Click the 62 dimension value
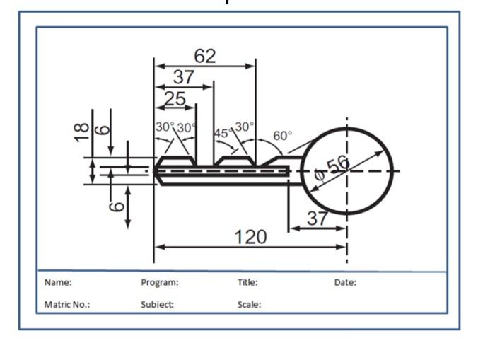tap(205, 57)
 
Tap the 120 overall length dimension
tap(250, 237)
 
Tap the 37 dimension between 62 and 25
tap(184, 78)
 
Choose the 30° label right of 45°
tap(244, 127)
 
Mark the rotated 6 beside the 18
tap(103, 129)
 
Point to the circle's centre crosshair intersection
tap(346, 171)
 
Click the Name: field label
tap(58, 282)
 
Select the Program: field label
tap(160, 282)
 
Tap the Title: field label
tap(248, 282)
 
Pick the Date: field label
tap(345, 282)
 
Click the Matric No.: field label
tap(67, 305)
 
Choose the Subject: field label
tap(158, 305)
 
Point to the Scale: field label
tap(249, 305)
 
